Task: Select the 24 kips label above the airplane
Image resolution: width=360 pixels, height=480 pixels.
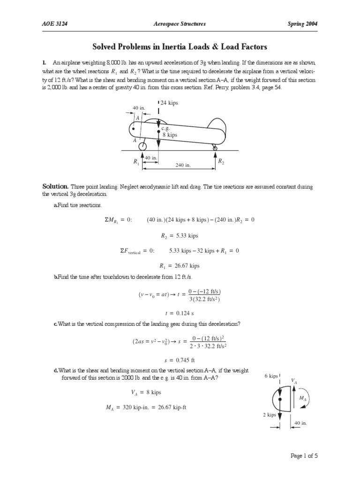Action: pos(169,103)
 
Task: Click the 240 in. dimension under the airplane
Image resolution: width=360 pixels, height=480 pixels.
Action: pos(182,165)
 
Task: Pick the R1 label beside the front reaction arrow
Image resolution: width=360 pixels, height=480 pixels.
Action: pos(136,161)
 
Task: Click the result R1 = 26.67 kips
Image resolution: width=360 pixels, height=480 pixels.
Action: pos(180,265)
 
